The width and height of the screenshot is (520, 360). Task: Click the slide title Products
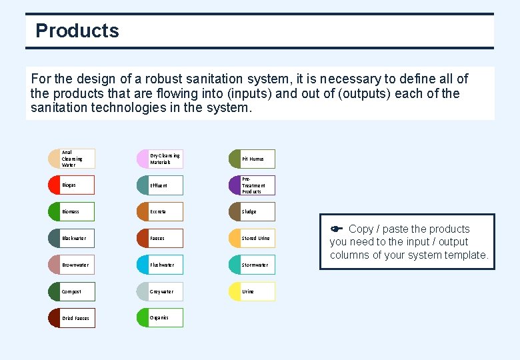point(77,31)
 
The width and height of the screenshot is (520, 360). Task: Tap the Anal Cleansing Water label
point(73,159)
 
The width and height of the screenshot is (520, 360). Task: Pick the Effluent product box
point(160,185)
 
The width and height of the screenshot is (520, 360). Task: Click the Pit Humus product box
point(252,159)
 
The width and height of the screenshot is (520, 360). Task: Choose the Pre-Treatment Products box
point(252,185)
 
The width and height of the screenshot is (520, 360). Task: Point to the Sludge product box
point(252,211)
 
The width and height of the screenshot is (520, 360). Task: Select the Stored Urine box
point(252,238)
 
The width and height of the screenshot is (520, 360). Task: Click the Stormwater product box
point(252,265)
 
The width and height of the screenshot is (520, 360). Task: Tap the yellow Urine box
point(252,291)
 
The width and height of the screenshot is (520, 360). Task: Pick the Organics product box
point(160,318)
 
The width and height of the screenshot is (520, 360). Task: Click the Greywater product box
point(160,291)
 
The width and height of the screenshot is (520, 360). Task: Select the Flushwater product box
point(160,265)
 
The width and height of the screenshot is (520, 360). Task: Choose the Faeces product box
point(160,238)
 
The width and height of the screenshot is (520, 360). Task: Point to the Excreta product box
point(160,211)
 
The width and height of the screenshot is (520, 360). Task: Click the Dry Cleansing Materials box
point(160,159)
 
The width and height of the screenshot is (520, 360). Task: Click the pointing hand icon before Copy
point(337,229)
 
